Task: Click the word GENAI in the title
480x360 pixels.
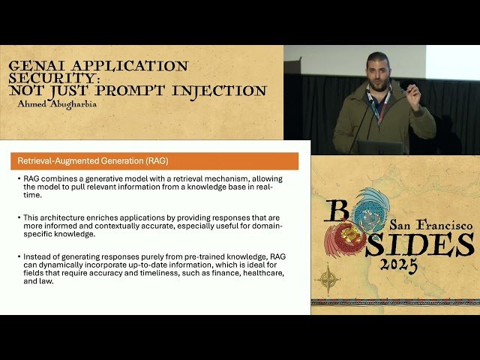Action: tap(34, 66)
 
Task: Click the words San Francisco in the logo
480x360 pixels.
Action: tap(430, 224)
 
